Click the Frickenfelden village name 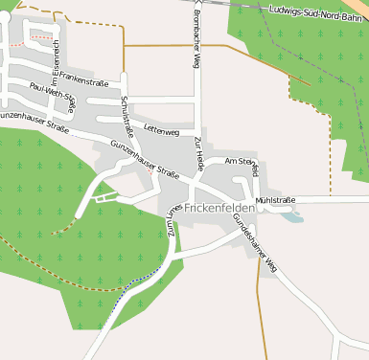[x=219, y=208]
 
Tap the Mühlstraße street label [x=274, y=200]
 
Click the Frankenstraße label [x=83, y=82]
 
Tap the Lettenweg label [x=161, y=129]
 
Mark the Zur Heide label [x=198, y=154]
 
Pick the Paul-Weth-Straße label [x=53, y=95]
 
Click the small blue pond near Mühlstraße [x=291, y=217]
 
